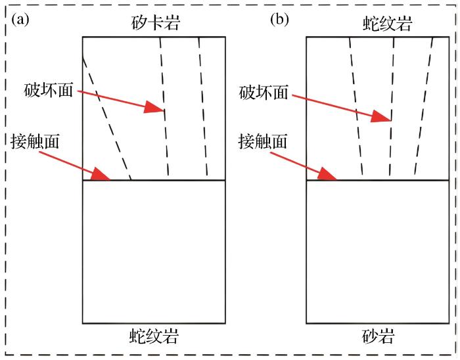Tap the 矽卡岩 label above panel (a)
click(155, 24)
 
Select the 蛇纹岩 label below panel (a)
click(155, 338)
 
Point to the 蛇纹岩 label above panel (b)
click(388, 24)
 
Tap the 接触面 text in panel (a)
click(35, 141)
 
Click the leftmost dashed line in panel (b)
click(356, 108)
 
